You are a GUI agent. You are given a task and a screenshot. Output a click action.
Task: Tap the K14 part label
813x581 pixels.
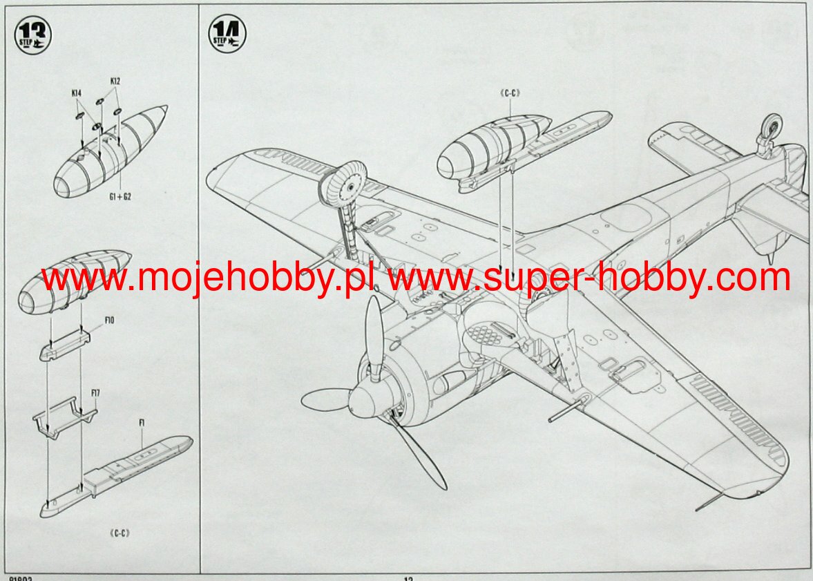(76, 92)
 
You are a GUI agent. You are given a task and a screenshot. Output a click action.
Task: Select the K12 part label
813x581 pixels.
(115, 81)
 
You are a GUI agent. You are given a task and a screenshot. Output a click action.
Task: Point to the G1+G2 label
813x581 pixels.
(120, 196)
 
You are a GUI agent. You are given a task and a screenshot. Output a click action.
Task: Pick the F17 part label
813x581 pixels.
(96, 393)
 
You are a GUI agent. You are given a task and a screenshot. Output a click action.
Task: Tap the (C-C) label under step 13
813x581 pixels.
(120, 533)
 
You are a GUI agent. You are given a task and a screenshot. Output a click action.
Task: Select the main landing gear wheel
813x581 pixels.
(346, 183)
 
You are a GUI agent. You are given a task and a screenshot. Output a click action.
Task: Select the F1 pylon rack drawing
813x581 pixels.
(117, 473)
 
